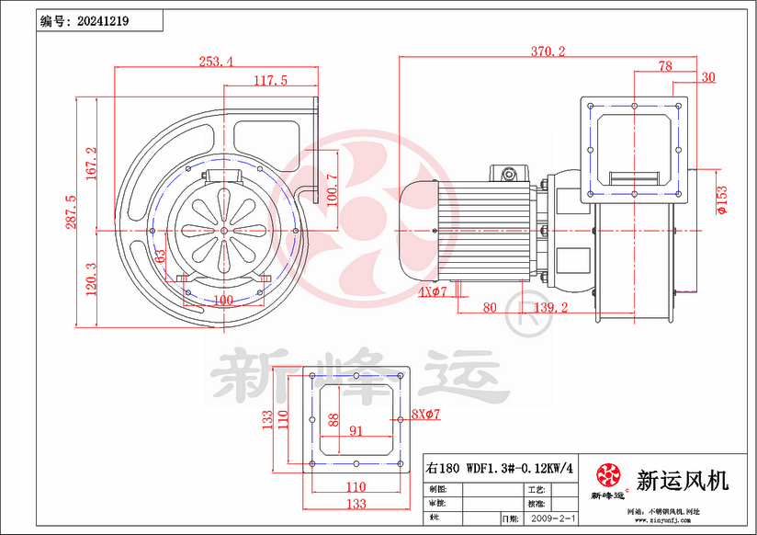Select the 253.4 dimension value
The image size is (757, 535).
click(216, 62)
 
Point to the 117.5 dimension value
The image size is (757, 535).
click(270, 81)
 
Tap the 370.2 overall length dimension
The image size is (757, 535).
click(548, 51)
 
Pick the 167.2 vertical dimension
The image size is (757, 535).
click(90, 165)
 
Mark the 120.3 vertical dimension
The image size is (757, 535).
click(90, 279)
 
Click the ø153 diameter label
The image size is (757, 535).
click(722, 200)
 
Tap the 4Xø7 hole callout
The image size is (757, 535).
click(432, 292)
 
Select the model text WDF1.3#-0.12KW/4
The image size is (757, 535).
click(520, 467)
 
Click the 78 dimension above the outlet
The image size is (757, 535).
click(665, 66)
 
